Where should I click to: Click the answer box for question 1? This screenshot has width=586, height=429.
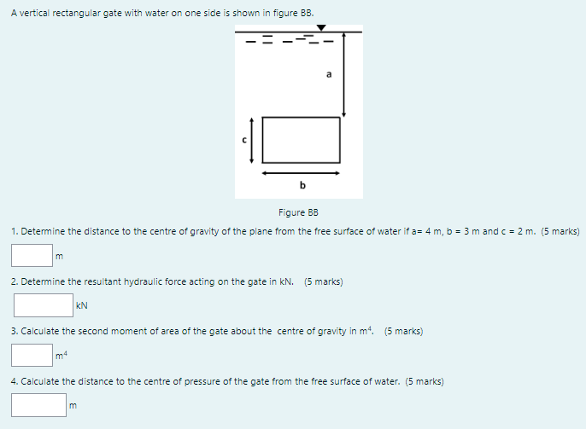(32, 255)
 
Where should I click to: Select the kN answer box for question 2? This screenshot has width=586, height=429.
(43, 304)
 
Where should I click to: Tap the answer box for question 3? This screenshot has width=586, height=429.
(32, 354)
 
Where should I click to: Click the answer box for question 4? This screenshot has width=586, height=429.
(38, 404)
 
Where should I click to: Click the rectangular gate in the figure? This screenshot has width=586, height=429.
(301, 139)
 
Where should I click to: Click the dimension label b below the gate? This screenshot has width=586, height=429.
(302, 185)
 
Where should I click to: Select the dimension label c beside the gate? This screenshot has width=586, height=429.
(243, 140)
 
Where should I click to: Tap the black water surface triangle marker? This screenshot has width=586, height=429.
(321, 28)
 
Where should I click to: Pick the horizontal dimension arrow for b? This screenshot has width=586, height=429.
(301, 172)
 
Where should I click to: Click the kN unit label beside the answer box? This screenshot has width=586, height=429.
(82, 304)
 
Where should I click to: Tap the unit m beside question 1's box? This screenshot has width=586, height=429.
(59, 256)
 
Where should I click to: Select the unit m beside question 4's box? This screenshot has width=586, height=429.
(73, 405)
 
